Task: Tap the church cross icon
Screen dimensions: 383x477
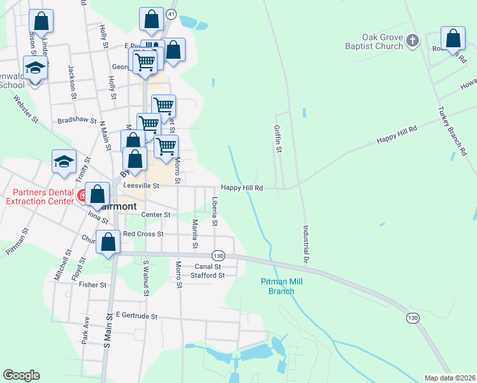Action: [x=413, y=41]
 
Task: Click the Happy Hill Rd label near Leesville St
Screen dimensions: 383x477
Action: [x=242, y=188]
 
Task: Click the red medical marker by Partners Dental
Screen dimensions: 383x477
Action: [x=83, y=195]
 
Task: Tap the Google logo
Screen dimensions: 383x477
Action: [x=21, y=375]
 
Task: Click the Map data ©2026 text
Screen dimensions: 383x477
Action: [x=449, y=377]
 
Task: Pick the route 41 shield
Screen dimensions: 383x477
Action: [x=170, y=13]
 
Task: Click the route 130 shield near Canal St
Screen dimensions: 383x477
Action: [x=219, y=254]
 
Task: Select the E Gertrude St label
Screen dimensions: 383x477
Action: [x=136, y=316]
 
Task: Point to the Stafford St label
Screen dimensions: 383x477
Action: [x=208, y=276]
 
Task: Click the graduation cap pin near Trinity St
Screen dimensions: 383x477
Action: [x=64, y=162]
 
